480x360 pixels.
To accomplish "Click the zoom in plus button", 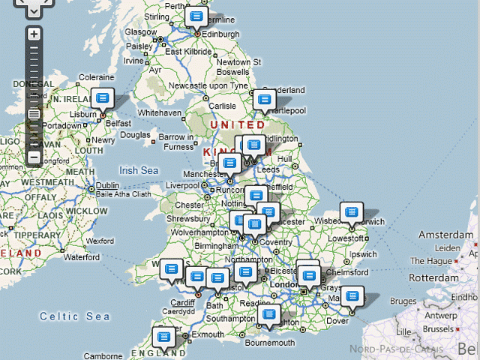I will pyautogui.click(x=34, y=34).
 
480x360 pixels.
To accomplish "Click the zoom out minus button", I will pyautogui.click(x=34, y=157).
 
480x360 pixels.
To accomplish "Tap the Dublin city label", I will pyautogui.click(x=107, y=185).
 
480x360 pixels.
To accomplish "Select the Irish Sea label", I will pyautogui.click(x=139, y=171).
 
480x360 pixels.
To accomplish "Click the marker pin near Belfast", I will pyautogui.click(x=103, y=97).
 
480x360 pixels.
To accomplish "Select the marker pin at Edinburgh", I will pyautogui.click(x=196, y=16).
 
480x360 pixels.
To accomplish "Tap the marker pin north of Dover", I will pyautogui.click(x=352, y=296).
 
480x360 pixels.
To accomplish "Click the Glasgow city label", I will pyautogui.click(x=141, y=32).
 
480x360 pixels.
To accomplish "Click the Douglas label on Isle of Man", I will pyautogui.click(x=136, y=135).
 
